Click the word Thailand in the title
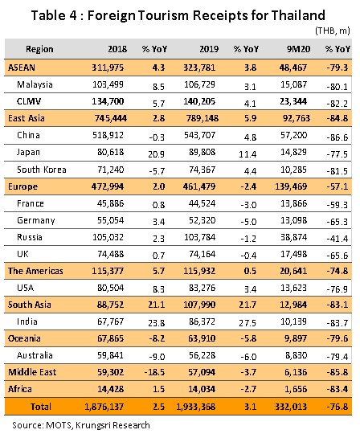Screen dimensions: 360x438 pyautogui.click(x=298, y=15)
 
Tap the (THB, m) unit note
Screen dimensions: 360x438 pyautogui.click(x=333, y=31)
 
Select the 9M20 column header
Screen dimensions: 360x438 pyautogui.click(x=298, y=49)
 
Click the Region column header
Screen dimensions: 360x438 pyautogui.click(x=39, y=49)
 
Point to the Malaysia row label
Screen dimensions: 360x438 pyautogui.click(x=35, y=84)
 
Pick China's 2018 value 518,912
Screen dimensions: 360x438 pyautogui.click(x=108, y=135)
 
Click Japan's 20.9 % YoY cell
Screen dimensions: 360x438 pyautogui.click(x=156, y=154)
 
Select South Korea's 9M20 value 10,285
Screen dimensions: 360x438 pyautogui.click(x=293, y=170)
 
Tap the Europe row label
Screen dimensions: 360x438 pyautogui.click(x=22, y=186)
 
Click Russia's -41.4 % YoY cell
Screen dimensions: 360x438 pyautogui.click(x=337, y=239)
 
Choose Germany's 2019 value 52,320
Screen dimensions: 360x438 pyautogui.click(x=202, y=220)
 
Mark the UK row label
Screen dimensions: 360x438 pyautogui.click(x=22, y=254)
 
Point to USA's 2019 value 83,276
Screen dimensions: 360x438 pyautogui.click(x=202, y=288)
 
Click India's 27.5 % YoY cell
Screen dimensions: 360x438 pyautogui.click(x=247, y=323)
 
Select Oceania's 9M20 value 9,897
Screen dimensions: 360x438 pyautogui.click(x=296, y=338)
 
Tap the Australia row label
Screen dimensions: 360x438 pyautogui.click(x=35, y=355)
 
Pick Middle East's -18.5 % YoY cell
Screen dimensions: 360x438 pyautogui.click(x=154, y=372)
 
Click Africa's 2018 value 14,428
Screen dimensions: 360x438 pyautogui.click(x=110, y=389)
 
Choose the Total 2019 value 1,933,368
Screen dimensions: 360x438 pyautogui.click(x=196, y=407)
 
